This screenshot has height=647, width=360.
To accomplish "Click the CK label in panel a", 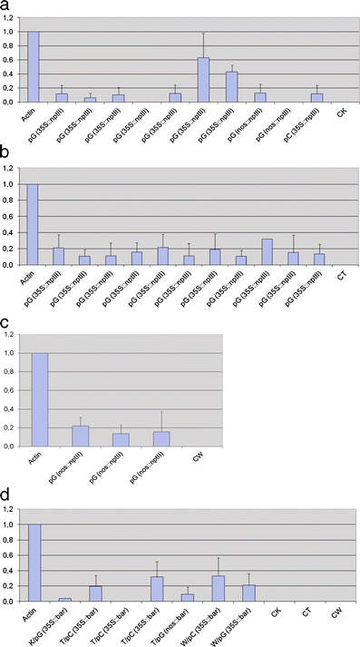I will coord(342,113).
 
